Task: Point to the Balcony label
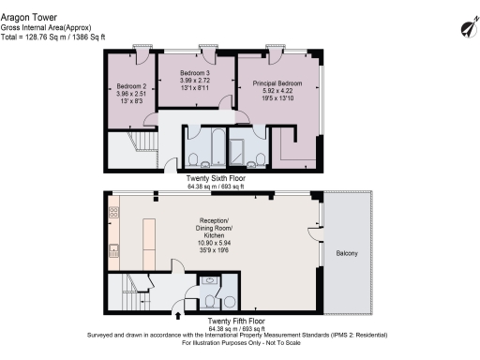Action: pyautogui.click(x=345, y=252)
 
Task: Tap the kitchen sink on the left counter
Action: pyautogui.click(x=112, y=250)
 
